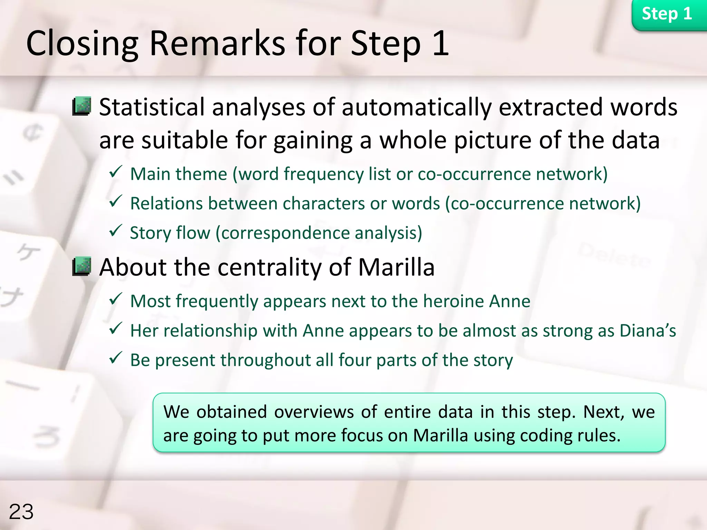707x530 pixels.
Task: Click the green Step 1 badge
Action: point(667,14)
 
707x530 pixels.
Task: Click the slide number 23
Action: point(21,511)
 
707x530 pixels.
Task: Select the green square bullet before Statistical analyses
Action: point(82,106)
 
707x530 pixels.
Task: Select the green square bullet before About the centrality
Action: point(82,266)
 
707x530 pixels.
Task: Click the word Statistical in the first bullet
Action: point(152,107)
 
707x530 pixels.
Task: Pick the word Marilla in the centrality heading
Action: point(396,267)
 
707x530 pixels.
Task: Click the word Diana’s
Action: point(648,331)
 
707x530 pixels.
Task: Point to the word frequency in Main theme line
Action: point(323,174)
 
